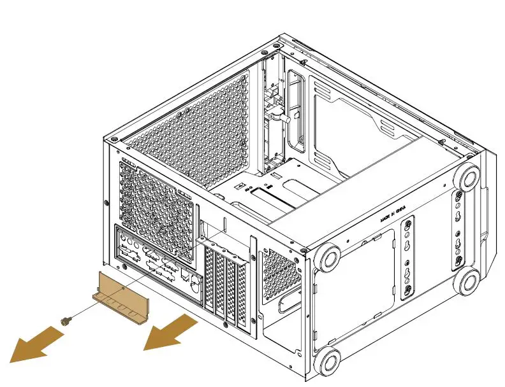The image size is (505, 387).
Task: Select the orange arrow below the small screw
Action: [38, 344]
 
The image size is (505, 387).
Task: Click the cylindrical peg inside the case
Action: [281, 117]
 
